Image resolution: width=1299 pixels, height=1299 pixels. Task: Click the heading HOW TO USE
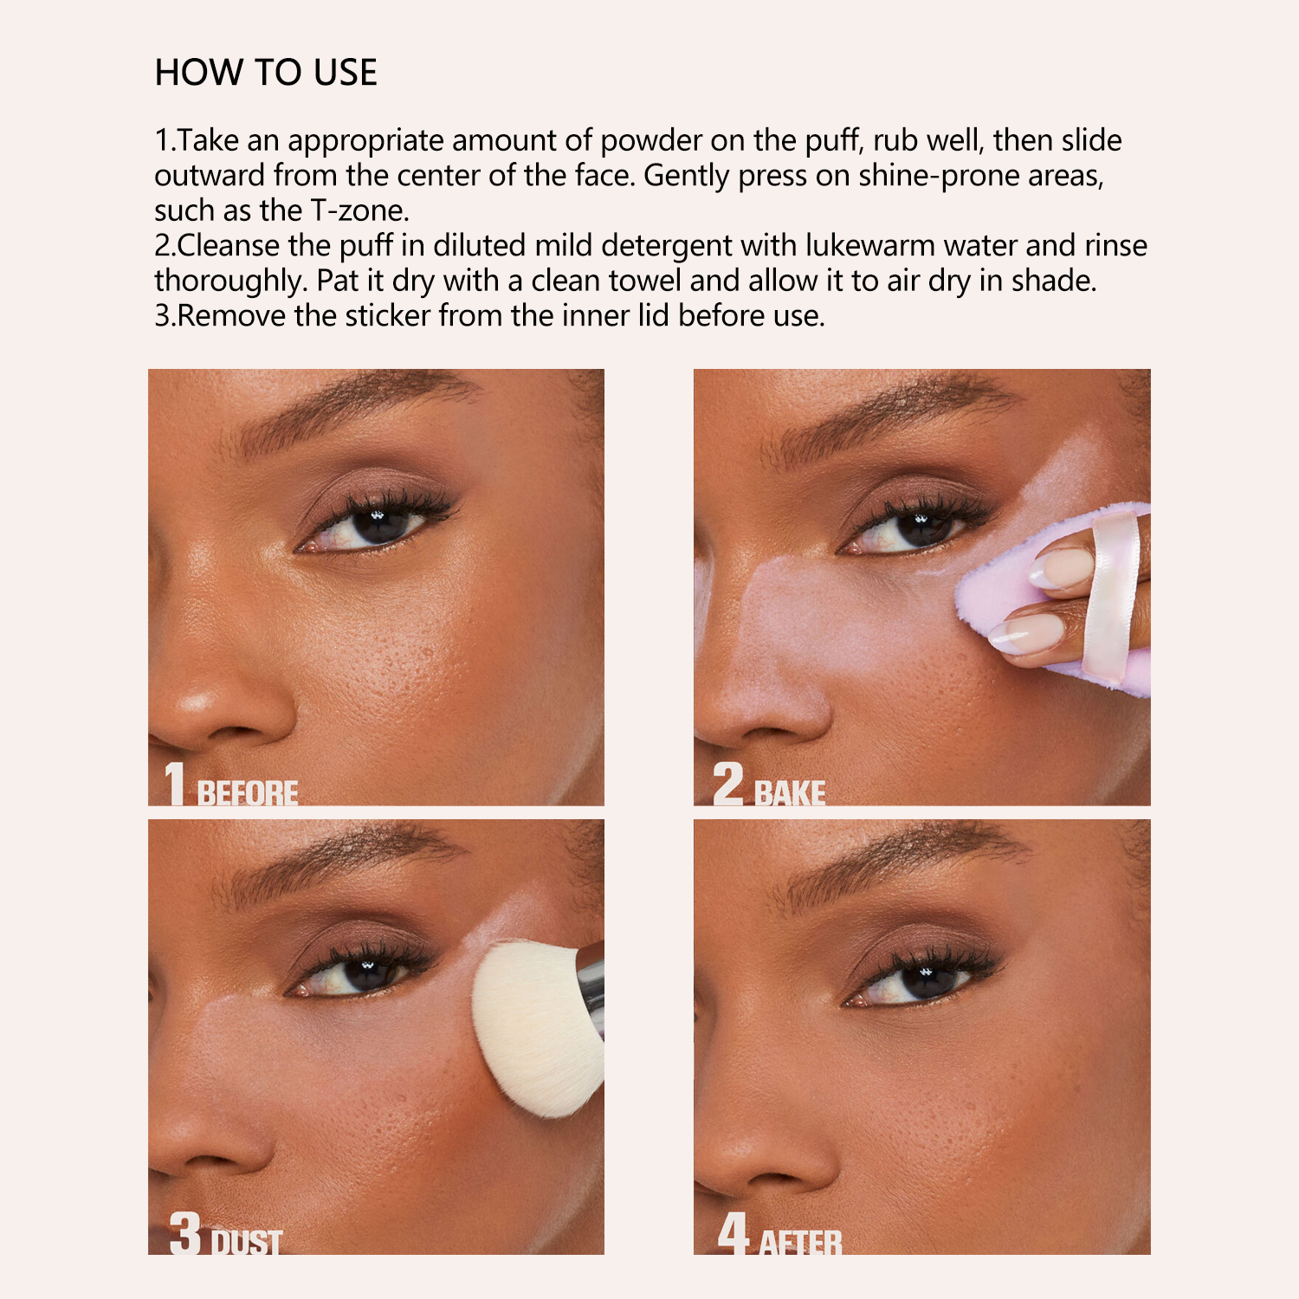tap(266, 73)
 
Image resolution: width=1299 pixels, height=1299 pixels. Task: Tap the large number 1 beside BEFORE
tap(176, 783)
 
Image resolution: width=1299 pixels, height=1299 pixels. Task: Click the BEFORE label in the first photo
tap(248, 792)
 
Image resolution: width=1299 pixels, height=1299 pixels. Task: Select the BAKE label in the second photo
tap(790, 792)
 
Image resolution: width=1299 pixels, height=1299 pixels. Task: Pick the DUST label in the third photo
tap(248, 1243)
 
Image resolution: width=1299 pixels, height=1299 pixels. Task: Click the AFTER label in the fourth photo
tap(800, 1243)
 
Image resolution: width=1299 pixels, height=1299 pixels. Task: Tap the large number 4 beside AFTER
tap(734, 1232)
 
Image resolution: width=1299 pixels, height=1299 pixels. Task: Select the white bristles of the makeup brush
tap(533, 1026)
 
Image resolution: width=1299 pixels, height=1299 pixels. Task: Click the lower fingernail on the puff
tap(1031, 635)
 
